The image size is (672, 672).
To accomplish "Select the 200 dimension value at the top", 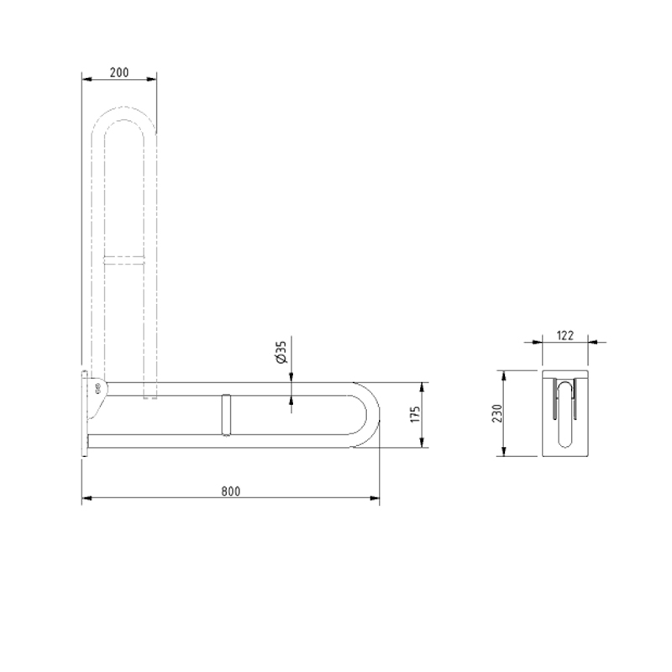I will [118, 73].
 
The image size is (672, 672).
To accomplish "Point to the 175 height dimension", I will [413, 416].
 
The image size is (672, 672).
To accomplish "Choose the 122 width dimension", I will [564, 335].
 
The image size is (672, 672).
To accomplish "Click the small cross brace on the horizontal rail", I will [224, 414].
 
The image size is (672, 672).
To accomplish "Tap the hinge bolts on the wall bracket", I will [99, 388].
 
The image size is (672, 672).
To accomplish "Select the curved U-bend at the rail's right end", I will [370, 414].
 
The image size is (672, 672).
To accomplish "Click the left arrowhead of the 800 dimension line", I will [85, 500].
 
